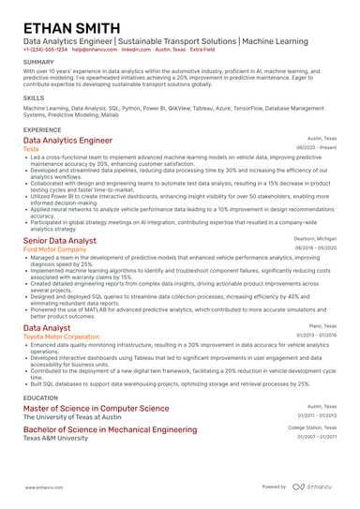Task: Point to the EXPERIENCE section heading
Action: [42, 129]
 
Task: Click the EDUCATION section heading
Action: [41, 397]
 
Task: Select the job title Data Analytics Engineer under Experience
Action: [74, 141]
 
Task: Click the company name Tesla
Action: [31, 149]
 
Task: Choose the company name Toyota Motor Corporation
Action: [61, 336]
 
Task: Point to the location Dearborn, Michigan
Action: [314, 239]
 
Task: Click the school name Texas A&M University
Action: [61, 437]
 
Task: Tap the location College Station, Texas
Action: [311, 427]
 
